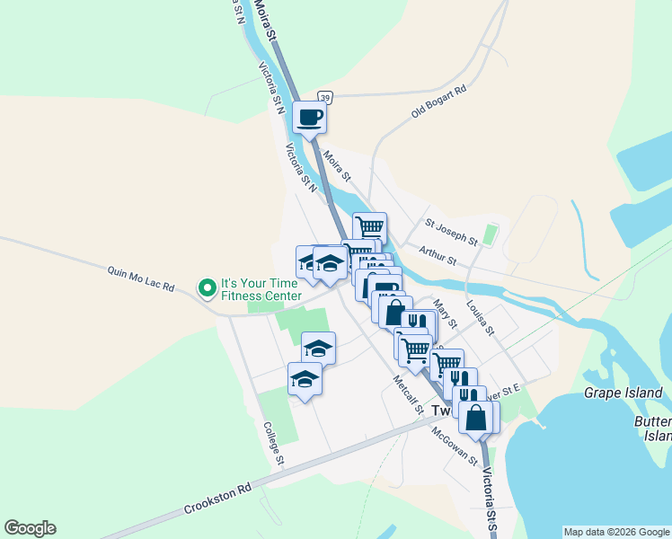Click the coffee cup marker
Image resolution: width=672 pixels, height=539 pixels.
click(x=309, y=117)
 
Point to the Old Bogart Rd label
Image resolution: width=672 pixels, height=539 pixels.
click(x=439, y=102)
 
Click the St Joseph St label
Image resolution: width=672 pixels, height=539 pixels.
click(x=451, y=231)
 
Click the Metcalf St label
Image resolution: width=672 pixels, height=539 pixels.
click(x=408, y=393)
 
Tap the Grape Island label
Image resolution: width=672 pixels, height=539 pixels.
click(x=623, y=393)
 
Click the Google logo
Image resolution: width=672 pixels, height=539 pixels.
click(x=30, y=528)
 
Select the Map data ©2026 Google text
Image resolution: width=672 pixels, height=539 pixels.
click(x=616, y=532)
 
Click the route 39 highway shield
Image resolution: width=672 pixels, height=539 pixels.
click(x=325, y=97)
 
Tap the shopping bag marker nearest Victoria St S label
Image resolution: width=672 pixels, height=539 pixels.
click(x=475, y=418)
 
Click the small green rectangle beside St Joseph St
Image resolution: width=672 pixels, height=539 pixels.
click(x=489, y=235)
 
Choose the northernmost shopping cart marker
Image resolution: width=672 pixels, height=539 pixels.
click(x=370, y=228)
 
